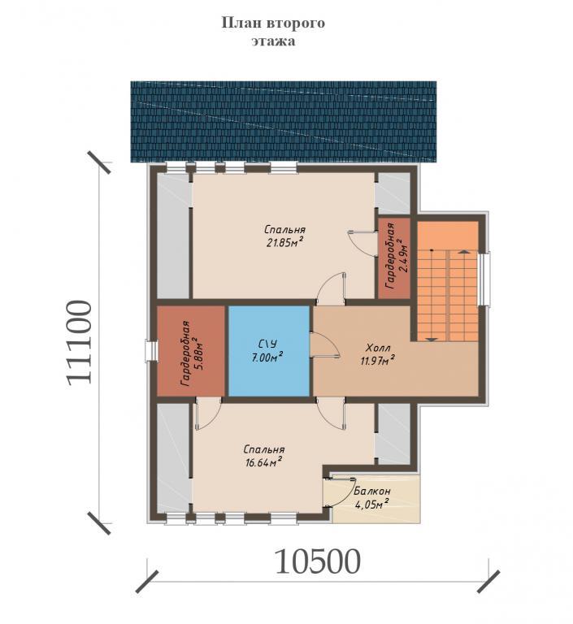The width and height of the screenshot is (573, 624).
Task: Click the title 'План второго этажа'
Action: [273, 32]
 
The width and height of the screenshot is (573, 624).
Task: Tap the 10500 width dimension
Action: [317, 561]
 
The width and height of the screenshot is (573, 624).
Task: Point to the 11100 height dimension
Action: [79, 343]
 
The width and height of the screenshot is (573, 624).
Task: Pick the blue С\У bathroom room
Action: [269, 351]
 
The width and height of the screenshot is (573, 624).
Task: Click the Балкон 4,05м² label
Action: [372, 497]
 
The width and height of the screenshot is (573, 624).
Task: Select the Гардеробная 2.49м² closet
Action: [394, 258]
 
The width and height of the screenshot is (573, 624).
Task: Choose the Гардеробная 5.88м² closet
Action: [192, 351]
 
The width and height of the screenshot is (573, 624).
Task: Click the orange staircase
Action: [448, 281]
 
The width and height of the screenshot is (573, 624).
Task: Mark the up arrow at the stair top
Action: [463, 251]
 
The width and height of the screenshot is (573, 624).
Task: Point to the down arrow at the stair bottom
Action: [432, 339]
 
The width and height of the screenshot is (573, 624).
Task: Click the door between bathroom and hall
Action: [324, 345]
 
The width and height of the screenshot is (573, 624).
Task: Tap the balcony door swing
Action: [340, 492]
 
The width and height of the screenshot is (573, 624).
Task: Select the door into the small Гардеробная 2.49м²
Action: [362, 243]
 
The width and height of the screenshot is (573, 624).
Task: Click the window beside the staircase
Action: [484, 279]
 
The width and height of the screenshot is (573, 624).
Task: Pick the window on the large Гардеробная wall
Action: [151, 351]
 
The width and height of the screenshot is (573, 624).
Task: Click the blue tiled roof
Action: [284, 122]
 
